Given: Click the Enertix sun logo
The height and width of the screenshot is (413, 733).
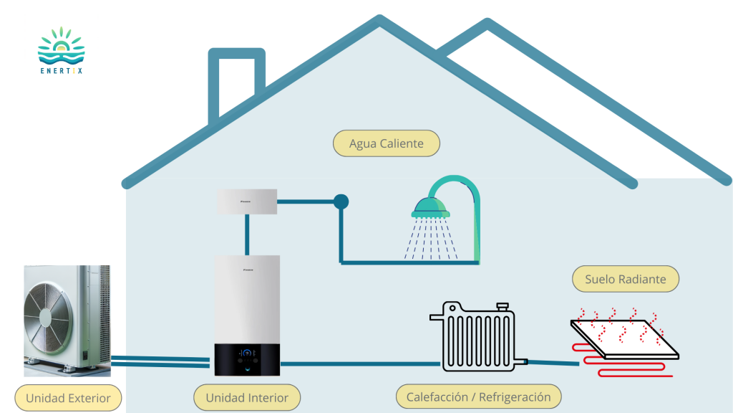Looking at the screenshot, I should click(x=61, y=45).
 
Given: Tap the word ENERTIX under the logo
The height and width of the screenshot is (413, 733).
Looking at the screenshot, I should click(x=61, y=70).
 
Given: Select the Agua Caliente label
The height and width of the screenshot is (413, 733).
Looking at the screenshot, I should click(x=387, y=143).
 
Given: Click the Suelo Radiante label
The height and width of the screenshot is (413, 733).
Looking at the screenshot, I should click(x=625, y=280).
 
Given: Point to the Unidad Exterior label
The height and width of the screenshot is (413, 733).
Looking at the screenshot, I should click(x=68, y=398).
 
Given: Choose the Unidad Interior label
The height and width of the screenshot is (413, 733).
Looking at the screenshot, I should click(x=247, y=397).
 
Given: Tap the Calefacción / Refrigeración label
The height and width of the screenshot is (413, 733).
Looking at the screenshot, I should click(x=479, y=397).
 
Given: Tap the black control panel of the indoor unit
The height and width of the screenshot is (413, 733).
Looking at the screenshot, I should click(x=247, y=359).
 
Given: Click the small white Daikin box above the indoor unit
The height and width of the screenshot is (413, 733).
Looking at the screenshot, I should click(x=247, y=201).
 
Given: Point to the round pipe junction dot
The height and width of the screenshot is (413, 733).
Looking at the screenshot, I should click(x=341, y=201).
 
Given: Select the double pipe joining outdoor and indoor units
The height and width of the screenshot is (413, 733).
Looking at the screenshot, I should click(x=161, y=361).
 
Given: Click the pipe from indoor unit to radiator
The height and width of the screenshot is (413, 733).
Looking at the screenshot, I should click(x=358, y=364).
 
